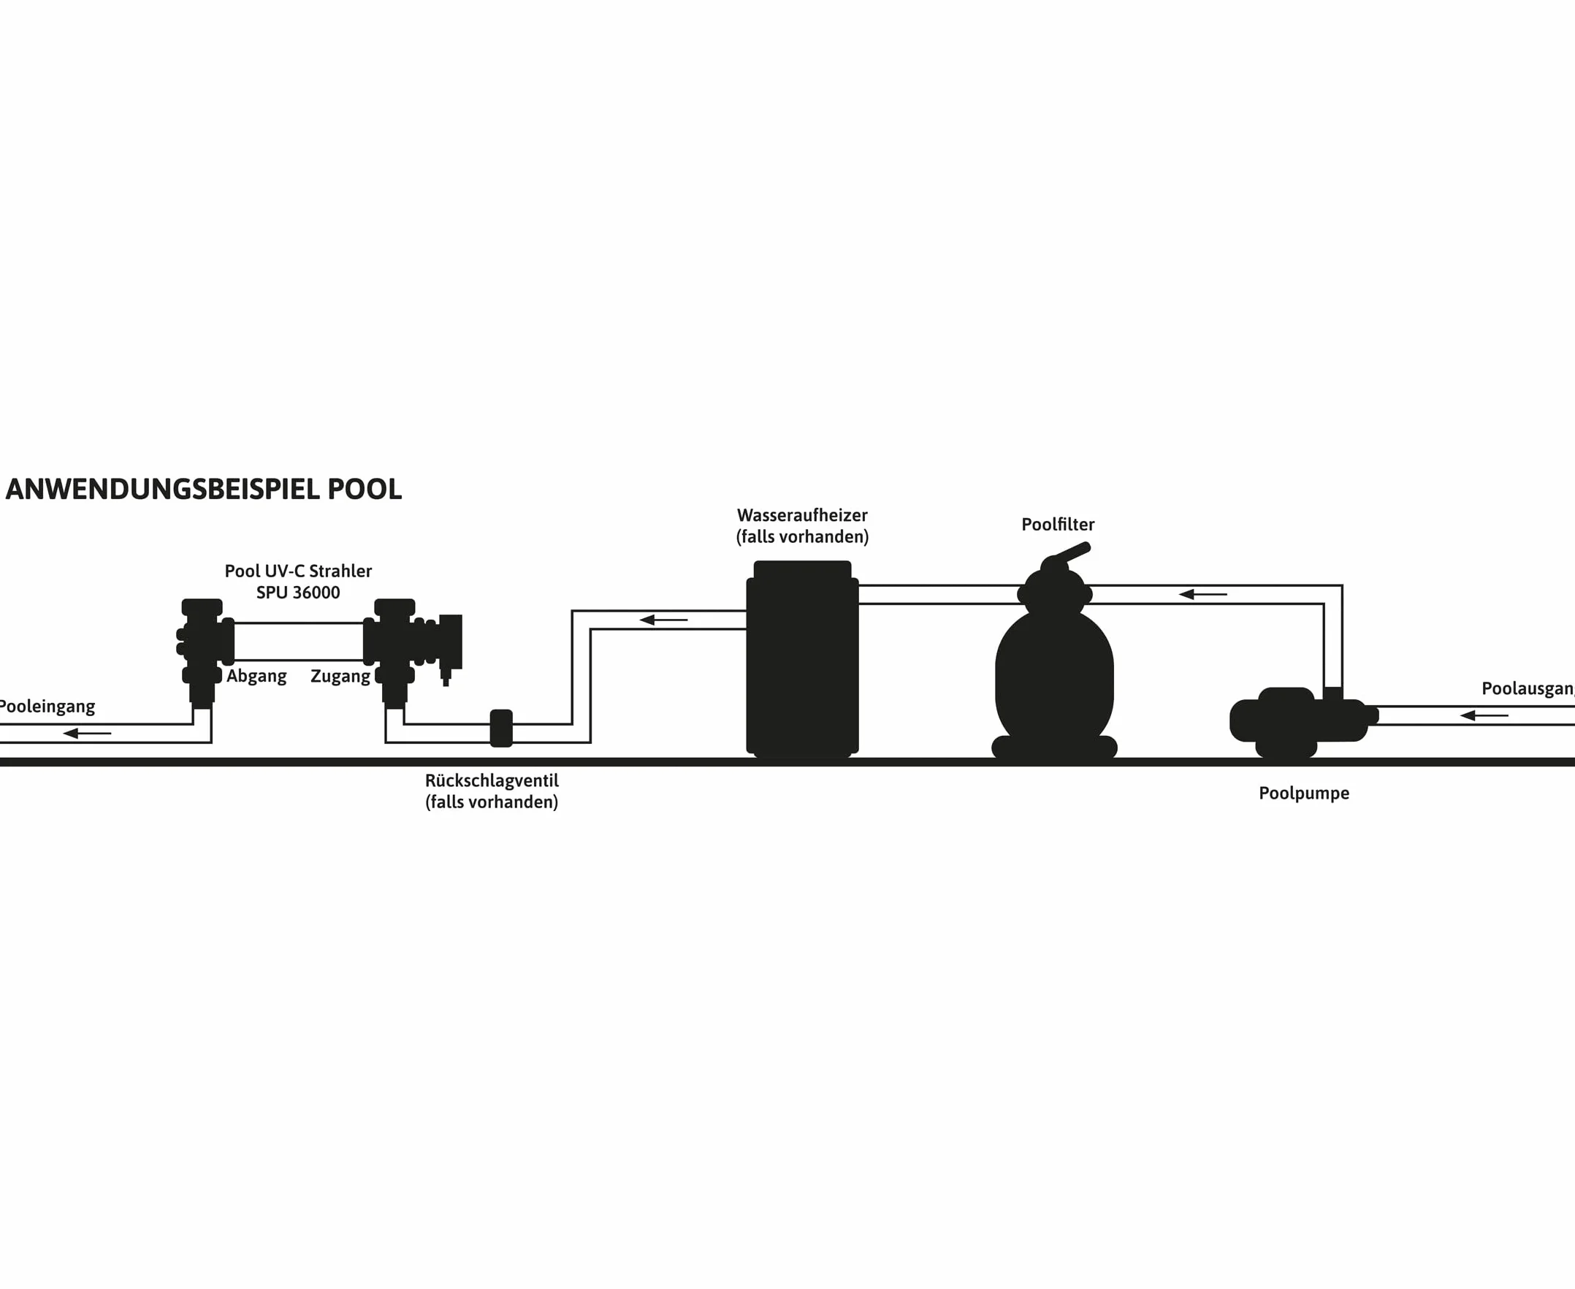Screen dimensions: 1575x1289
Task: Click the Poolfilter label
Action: [x=1058, y=524]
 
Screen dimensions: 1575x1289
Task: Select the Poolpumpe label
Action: [x=1304, y=794]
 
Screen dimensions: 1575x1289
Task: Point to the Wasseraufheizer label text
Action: [x=802, y=515]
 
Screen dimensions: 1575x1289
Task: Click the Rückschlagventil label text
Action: [x=492, y=780]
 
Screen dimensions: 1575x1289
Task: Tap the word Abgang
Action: [x=257, y=677]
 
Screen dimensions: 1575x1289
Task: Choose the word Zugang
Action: [x=340, y=677]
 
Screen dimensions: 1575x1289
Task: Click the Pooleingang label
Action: [x=47, y=707]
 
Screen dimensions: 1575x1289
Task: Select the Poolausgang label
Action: [x=1528, y=689]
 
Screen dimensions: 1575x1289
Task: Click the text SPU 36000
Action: [x=298, y=593]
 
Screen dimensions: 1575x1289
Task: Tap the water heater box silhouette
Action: [x=802, y=658]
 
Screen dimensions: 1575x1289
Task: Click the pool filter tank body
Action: [x=1055, y=676]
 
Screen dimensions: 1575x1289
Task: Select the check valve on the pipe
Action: [x=501, y=729]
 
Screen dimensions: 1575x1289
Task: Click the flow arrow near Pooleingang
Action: [x=87, y=734]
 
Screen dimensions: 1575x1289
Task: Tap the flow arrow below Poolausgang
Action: [x=1484, y=716]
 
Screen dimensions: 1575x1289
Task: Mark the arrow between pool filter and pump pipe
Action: [x=1202, y=594]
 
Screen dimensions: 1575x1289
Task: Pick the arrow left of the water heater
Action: [x=663, y=620]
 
